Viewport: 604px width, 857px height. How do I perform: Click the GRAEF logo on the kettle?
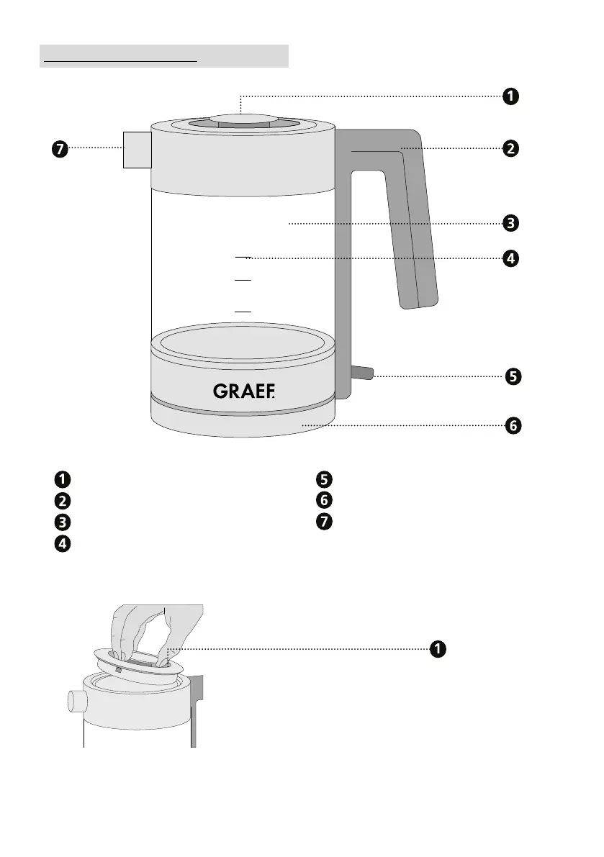point(245,391)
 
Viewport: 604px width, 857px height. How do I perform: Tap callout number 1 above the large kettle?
point(510,96)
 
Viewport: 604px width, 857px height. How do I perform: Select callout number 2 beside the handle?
point(510,149)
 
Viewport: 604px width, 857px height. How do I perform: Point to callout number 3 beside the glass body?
point(510,223)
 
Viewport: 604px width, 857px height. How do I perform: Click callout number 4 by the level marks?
point(510,258)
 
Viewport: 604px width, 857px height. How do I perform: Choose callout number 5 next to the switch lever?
point(510,376)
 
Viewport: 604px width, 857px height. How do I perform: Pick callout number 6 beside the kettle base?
point(510,426)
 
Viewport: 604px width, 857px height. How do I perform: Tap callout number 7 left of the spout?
point(59,149)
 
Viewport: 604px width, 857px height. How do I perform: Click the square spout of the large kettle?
point(136,150)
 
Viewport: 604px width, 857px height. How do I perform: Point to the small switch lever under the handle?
point(362,372)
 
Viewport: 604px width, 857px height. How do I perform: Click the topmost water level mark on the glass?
point(243,256)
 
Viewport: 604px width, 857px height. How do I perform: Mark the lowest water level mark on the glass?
point(243,311)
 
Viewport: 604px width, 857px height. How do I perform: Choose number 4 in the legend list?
point(63,544)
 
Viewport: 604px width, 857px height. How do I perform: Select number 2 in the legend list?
point(63,500)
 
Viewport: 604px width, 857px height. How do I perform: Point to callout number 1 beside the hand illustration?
point(436,649)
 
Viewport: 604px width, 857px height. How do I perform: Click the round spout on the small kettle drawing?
point(75,700)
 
